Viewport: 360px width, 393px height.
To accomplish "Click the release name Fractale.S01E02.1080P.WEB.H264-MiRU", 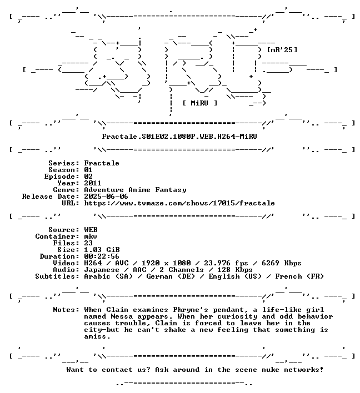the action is tap(179, 137).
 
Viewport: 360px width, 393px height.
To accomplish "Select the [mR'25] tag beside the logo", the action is tap(282, 50).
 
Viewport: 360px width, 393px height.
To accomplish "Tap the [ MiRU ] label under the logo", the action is tap(200, 103).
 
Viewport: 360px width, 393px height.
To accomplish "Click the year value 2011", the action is tap(93, 183).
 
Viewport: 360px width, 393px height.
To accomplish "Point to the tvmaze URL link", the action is tap(179, 203).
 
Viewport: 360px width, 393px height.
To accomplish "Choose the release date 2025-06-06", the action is tap(106, 196).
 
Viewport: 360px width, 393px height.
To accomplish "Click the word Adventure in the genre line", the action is tap(104, 190).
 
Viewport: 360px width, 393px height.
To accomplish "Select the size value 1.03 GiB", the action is tap(102, 250).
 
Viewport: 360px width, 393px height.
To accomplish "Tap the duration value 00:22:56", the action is tap(102, 256).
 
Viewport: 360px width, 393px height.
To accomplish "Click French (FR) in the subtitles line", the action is tap(299, 276).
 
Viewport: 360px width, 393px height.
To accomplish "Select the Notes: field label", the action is tap(66, 310).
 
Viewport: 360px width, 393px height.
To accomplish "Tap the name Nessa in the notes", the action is tap(122, 316).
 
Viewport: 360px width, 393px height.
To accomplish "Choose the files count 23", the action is tap(88, 243).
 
